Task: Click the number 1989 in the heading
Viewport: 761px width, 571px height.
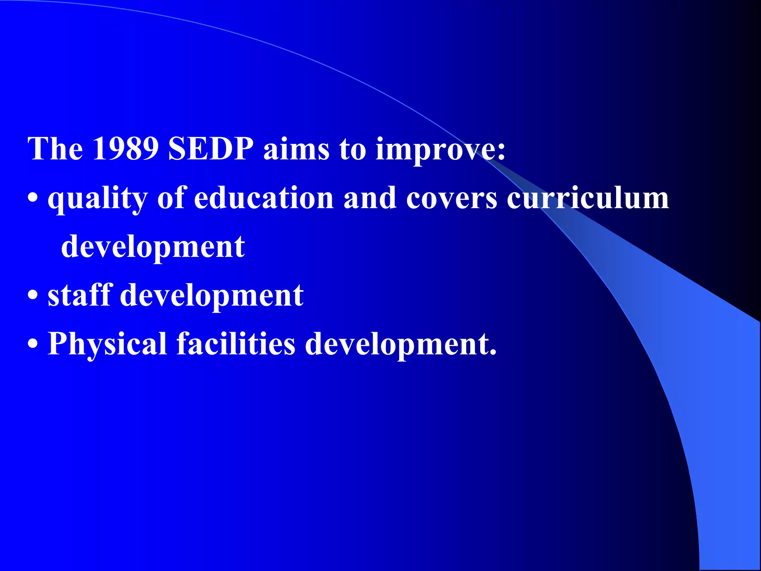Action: [x=126, y=149]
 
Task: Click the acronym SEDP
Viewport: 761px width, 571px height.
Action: [x=211, y=149]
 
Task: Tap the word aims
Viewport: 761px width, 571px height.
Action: [x=296, y=149]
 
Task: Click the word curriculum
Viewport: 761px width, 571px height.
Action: [x=588, y=198]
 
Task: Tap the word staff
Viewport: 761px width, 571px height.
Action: [x=80, y=295]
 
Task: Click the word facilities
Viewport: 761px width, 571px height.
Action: [x=236, y=343]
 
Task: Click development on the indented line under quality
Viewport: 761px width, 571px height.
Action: [x=153, y=248]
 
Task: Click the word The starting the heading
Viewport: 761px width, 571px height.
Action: [x=55, y=149]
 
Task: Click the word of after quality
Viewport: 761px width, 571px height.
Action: [x=171, y=198]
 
